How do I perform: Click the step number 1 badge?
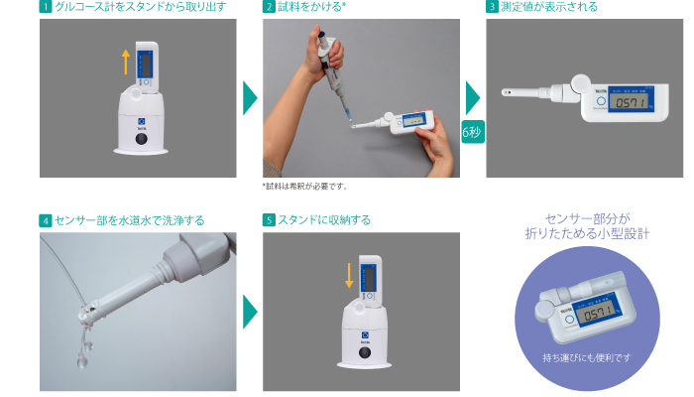46,7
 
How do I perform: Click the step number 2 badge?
269,7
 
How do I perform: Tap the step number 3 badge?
492,7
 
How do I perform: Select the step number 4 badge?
46,220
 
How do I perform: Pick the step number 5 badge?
269,219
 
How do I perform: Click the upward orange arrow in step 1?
126,62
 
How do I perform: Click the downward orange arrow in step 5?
349,275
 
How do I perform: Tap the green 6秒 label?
473,132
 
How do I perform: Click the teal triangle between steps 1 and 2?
250,98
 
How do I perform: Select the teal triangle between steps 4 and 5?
250,312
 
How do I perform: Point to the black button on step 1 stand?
142,139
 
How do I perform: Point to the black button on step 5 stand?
365,352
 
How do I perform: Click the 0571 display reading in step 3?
630,103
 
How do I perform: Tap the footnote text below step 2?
305,187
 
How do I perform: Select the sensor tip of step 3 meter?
507,92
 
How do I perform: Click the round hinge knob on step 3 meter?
580,83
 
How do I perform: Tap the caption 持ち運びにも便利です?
587,357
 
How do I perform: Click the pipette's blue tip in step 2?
348,116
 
